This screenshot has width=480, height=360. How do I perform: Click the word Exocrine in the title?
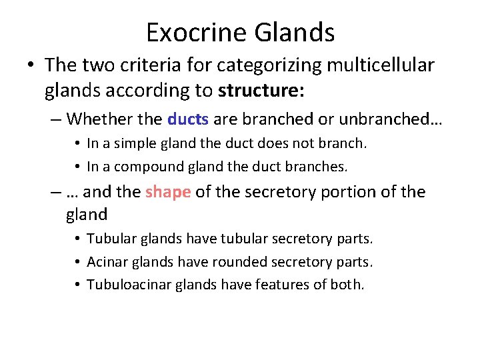pos(193,32)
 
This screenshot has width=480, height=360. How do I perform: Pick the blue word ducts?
pos(188,119)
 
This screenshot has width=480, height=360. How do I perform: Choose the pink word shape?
pos(168,192)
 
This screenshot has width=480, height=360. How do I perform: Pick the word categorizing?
pos(259,65)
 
